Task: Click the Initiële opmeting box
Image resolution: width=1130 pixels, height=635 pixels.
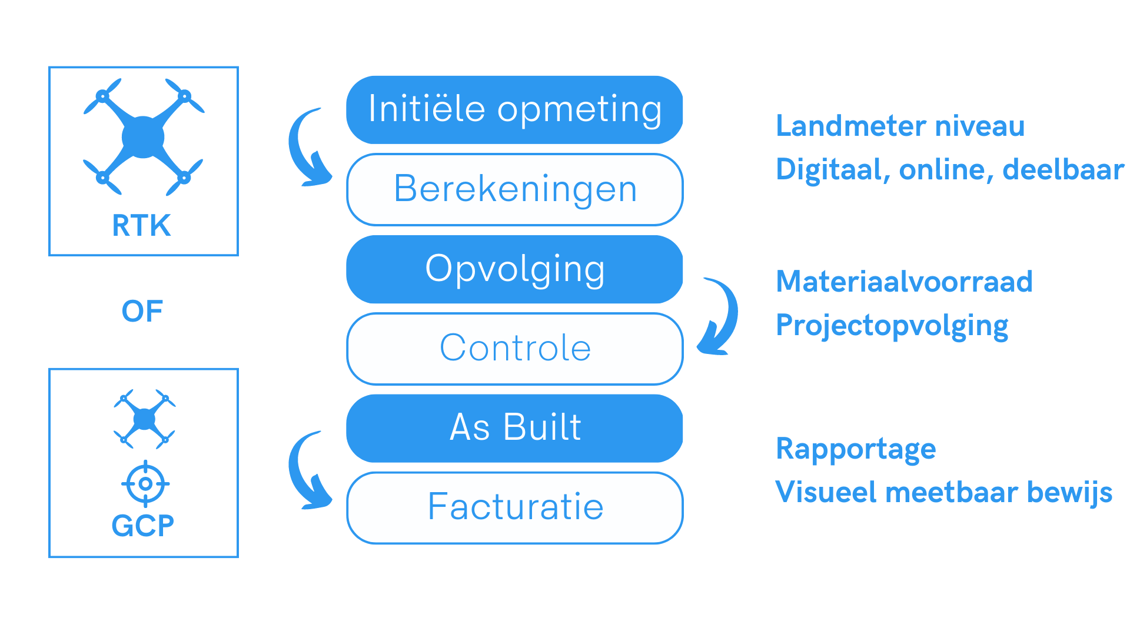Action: [514, 110]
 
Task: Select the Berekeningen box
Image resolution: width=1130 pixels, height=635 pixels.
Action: [514, 189]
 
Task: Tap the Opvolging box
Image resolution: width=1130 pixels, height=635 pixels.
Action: [514, 269]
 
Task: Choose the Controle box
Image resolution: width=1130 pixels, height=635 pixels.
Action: [514, 349]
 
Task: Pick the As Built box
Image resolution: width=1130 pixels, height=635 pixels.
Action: [514, 428]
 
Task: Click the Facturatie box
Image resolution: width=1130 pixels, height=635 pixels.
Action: [514, 508]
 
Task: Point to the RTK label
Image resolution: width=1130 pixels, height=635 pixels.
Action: [142, 226]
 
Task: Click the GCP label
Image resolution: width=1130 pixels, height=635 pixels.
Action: [143, 526]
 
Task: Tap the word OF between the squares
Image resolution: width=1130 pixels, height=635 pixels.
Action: [142, 311]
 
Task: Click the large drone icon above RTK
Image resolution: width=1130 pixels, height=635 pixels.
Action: [144, 137]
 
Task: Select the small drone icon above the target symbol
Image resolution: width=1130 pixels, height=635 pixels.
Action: [145, 419]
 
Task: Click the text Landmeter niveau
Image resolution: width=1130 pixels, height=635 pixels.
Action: [900, 126]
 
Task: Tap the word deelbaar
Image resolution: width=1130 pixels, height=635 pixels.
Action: [1063, 169]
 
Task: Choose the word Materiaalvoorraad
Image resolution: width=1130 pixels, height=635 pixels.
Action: [905, 281]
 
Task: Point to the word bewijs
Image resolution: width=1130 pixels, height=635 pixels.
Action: [1070, 493]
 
